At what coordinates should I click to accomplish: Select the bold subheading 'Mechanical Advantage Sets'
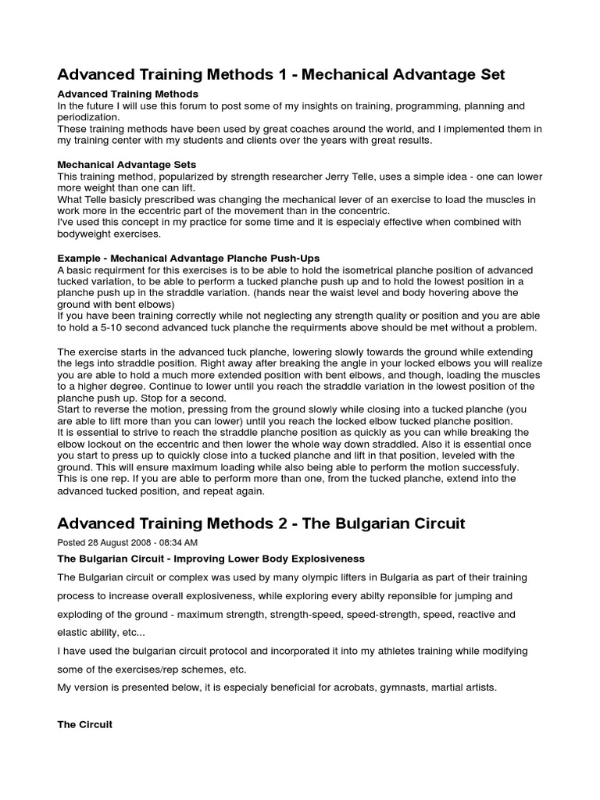127,165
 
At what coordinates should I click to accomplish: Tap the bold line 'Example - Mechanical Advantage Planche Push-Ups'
188,258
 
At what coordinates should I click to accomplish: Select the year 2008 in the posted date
130,542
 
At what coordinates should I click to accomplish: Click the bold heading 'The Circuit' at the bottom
85,725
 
